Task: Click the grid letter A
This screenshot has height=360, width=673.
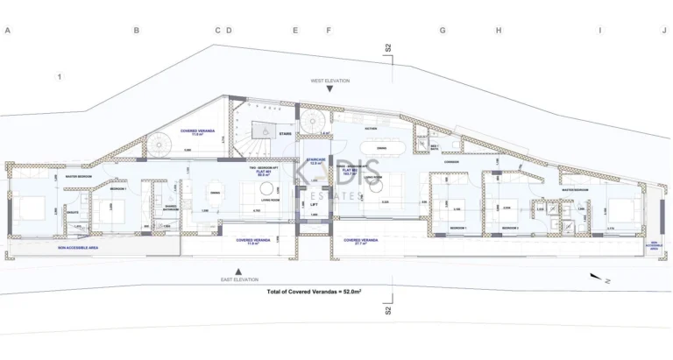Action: (x=7, y=31)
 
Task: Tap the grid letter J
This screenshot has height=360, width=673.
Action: (x=664, y=31)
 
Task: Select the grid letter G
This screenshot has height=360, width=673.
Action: (x=443, y=31)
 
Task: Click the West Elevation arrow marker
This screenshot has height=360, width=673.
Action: (x=329, y=89)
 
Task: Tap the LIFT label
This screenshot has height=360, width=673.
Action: (x=313, y=204)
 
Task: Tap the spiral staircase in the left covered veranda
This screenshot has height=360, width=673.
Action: (x=159, y=145)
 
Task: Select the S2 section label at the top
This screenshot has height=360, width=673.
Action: (x=387, y=50)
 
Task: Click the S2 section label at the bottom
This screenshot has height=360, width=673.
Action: (x=387, y=310)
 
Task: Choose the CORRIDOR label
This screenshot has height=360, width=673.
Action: (x=452, y=162)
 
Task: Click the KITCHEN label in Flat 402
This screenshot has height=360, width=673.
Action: (x=371, y=128)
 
